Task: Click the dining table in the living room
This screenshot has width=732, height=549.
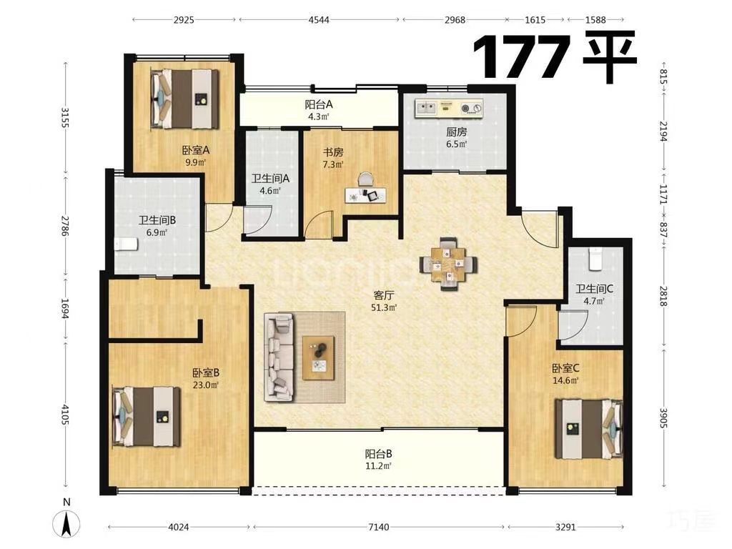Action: (448, 264)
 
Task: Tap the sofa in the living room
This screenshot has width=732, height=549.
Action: (280, 357)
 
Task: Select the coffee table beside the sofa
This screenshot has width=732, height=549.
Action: (318, 358)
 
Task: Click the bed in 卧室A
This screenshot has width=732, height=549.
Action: (185, 99)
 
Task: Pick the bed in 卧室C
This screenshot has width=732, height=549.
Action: (589, 429)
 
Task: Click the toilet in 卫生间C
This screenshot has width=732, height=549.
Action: (595, 259)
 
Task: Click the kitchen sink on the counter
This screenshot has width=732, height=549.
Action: (426, 109)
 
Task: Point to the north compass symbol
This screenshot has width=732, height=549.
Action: (66, 523)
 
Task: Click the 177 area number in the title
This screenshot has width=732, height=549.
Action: (522, 57)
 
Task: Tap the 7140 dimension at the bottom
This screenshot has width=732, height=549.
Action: (378, 527)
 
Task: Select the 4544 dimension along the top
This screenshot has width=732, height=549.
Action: (319, 19)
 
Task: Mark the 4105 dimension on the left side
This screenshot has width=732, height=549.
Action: (65, 414)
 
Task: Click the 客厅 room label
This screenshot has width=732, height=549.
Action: (384, 295)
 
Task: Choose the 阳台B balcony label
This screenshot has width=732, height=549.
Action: (378, 453)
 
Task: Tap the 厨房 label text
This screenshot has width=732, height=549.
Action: (456, 132)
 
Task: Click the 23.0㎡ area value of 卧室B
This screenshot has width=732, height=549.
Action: (206, 385)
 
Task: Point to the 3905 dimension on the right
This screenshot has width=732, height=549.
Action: (664, 417)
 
